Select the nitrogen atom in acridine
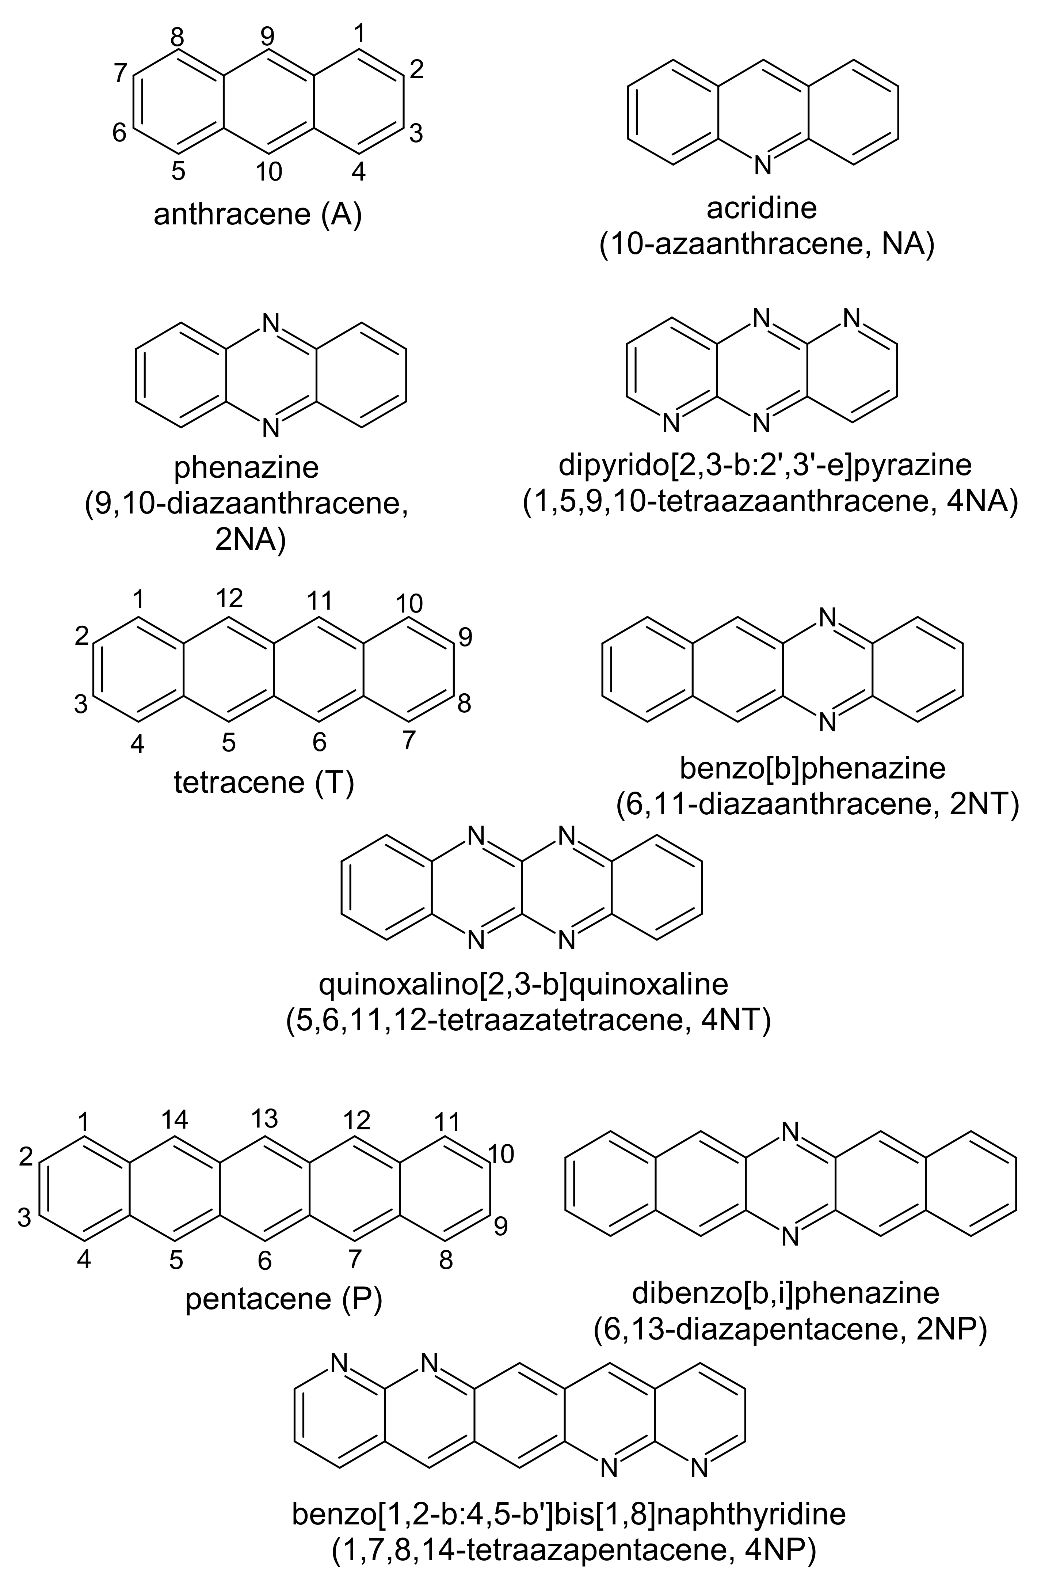(x=762, y=165)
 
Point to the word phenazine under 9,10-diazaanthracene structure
(x=247, y=468)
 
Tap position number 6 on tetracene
(x=319, y=742)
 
